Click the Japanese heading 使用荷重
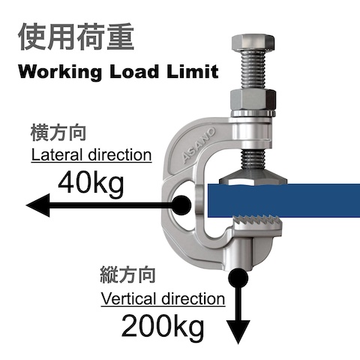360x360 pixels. coord(76,37)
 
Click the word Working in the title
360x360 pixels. coord(60,73)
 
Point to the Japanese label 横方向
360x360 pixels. coord(58,133)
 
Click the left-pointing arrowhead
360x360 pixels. coord(38,205)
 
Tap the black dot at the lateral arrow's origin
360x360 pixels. coord(181,205)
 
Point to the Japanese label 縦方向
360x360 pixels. coord(127,275)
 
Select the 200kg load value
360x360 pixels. coord(163,326)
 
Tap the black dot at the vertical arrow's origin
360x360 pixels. coord(238,277)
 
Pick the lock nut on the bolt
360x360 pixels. coord(253,101)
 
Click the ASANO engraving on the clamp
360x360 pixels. coord(199,145)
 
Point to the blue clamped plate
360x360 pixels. coord(283,200)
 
